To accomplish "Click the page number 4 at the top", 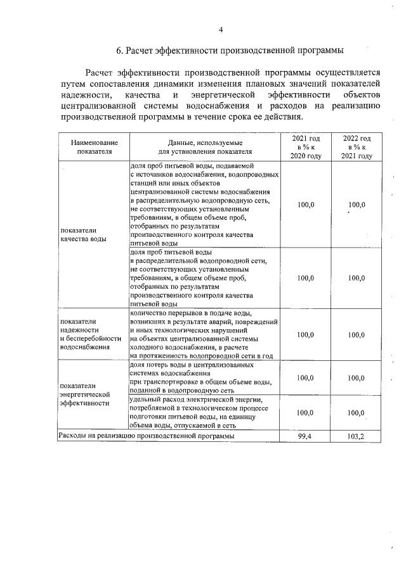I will pyautogui.click(x=221, y=29).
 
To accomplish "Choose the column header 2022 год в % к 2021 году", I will pyautogui.click(x=357, y=147).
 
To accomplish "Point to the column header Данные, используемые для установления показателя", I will pyautogui.click(x=204, y=147).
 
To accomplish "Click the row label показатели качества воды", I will pyautogui.click(x=84, y=235).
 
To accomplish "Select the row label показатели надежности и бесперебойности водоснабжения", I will pyautogui.click(x=90, y=334).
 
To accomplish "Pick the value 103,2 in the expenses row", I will pyautogui.click(x=357, y=437).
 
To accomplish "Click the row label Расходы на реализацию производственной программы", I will pyautogui.click(x=147, y=437).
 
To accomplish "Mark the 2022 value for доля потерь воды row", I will pyautogui.click(x=357, y=378).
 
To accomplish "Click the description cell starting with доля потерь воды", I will pyautogui.click(x=201, y=378).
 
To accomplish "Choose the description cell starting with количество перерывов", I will pyautogui.click(x=202, y=334).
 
